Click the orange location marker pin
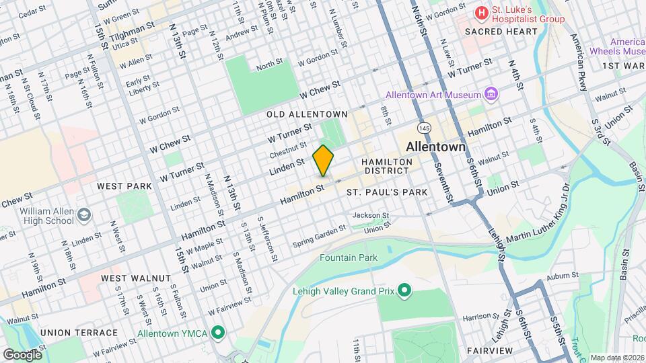(x=323, y=160)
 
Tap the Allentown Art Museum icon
(x=491, y=94)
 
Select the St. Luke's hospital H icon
(x=481, y=13)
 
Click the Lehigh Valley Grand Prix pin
(x=404, y=291)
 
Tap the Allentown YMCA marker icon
(x=217, y=333)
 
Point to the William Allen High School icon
(x=84, y=215)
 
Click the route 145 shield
(x=423, y=127)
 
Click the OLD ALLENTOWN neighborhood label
(x=307, y=114)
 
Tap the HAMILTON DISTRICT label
(x=386, y=167)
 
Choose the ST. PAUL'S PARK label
(x=387, y=192)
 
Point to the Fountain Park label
(x=349, y=257)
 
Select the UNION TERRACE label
(x=79, y=333)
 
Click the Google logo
(x=22, y=354)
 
